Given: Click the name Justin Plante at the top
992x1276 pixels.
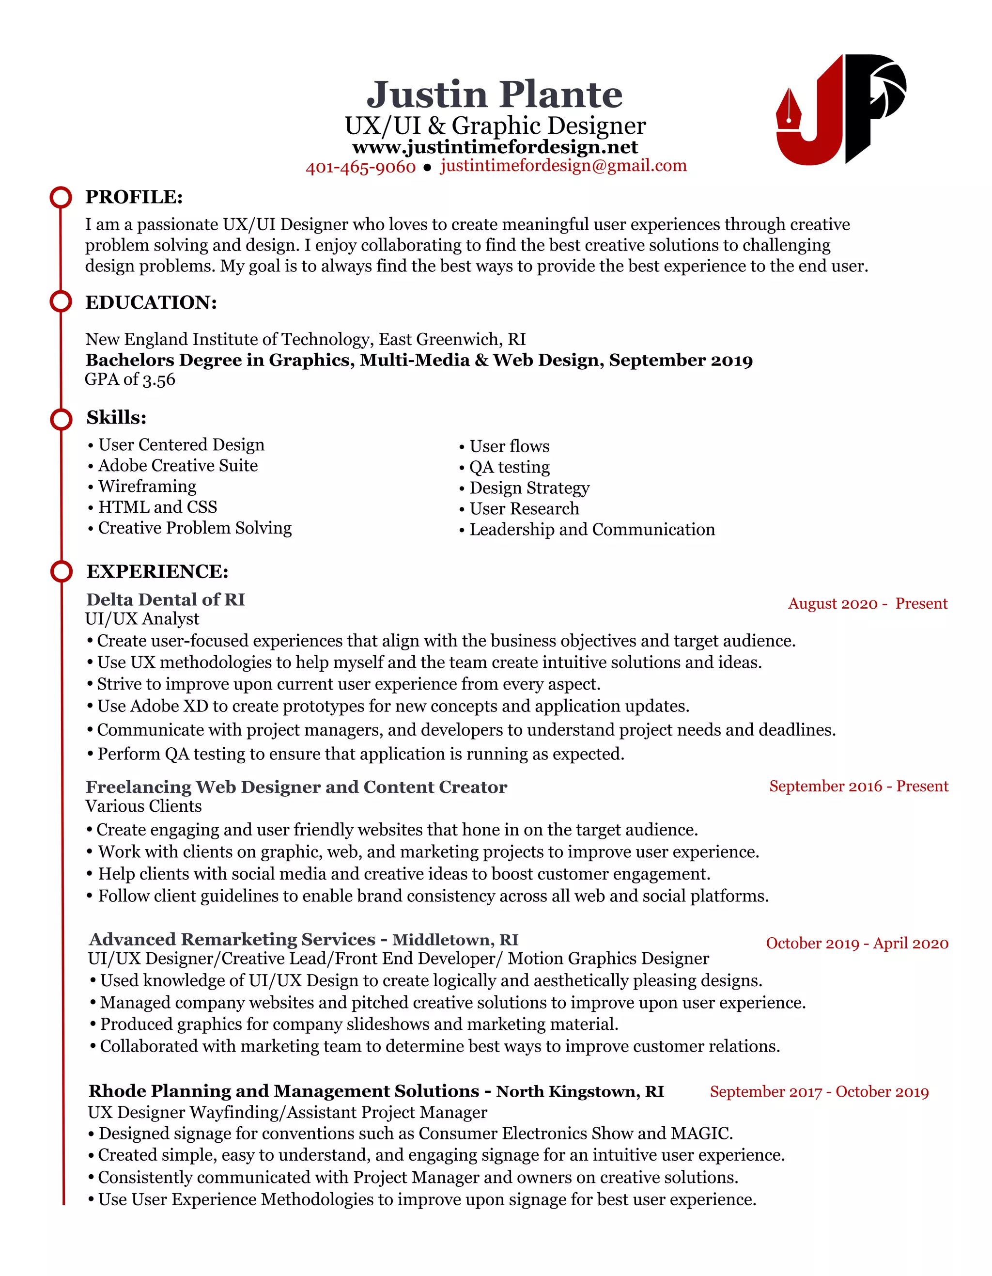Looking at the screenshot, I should click(494, 95).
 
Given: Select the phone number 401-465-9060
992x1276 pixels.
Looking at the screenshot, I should click(360, 168).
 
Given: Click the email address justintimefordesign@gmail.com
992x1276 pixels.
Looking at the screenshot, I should click(563, 166).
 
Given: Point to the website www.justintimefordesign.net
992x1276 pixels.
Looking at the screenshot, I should click(495, 147).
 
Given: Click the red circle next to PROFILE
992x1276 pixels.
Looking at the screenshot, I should click(61, 197).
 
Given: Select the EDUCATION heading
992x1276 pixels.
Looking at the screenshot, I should click(151, 302).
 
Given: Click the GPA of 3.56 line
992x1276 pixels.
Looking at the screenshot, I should click(130, 380).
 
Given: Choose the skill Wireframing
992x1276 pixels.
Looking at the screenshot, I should click(147, 487).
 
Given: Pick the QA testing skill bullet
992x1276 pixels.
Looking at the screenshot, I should click(509, 467).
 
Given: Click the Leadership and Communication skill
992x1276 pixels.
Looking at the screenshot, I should click(591, 530).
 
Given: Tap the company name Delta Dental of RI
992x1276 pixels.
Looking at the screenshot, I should click(165, 599).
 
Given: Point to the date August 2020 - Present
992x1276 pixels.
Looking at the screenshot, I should click(868, 603).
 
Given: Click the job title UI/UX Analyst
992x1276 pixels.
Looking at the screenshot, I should click(142, 619).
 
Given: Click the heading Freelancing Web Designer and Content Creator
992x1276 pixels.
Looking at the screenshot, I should click(296, 787).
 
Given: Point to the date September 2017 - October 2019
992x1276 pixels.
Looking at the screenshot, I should click(819, 1092).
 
